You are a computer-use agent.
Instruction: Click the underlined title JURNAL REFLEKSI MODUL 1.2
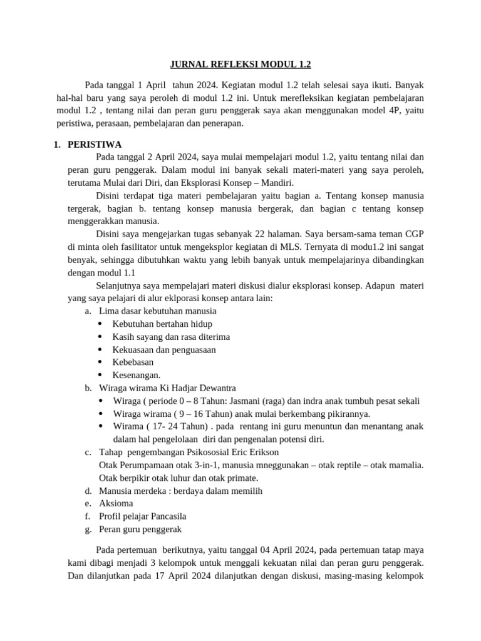click(241, 64)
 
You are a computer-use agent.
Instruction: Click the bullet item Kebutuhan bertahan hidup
click(162, 324)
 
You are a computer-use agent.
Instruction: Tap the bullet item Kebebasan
click(133, 362)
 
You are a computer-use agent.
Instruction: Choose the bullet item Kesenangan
click(137, 375)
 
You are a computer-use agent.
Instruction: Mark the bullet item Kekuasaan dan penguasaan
click(164, 349)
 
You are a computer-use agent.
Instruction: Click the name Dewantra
click(215, 388)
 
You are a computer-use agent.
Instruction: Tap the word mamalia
click(405, 464)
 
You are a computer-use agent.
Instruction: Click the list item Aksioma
click(116, 503)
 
